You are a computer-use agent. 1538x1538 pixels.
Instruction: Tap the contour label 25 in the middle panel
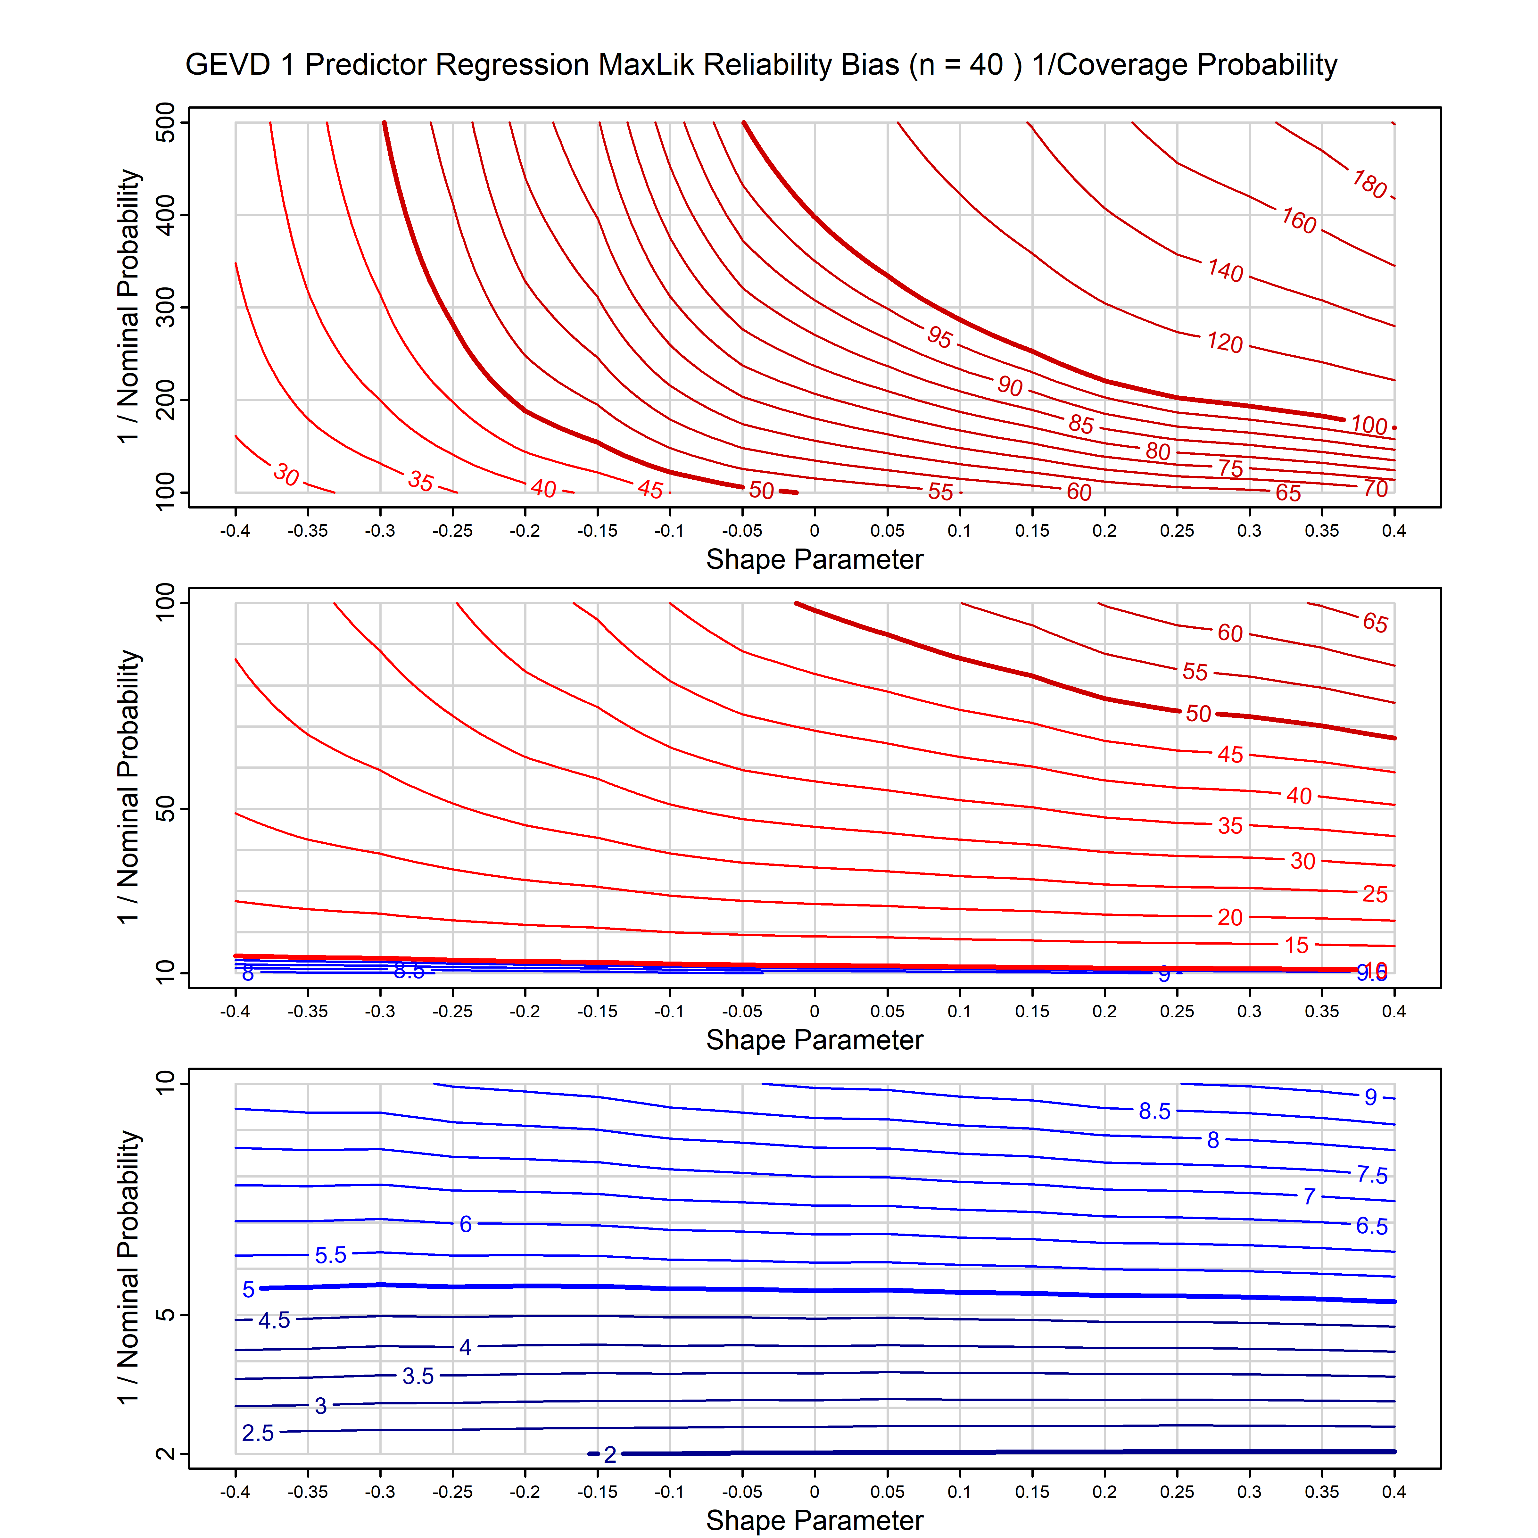point(1375,894)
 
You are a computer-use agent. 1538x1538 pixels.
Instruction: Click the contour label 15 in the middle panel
point(1296,945)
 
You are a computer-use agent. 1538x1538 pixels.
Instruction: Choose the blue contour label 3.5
point(418,1377)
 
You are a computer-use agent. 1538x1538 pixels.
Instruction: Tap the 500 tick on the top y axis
point(166,123)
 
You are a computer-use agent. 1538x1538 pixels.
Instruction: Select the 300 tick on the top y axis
point(166,307)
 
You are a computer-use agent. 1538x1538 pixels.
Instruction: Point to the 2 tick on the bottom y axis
point(166,1454)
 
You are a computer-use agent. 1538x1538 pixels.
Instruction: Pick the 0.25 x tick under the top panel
point(1177,531)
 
